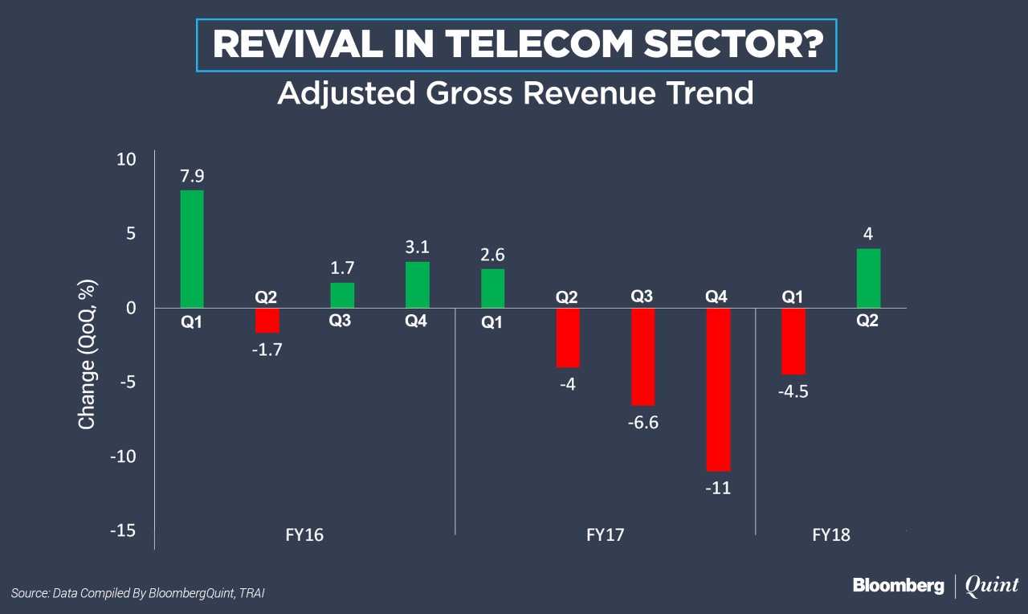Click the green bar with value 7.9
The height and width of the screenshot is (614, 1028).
[192, 249]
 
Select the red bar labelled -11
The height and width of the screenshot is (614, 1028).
[718, 390]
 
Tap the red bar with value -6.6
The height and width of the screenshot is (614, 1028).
[642, 357]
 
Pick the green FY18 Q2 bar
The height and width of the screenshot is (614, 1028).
[868, 278]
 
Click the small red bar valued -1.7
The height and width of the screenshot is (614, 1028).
[267, 320]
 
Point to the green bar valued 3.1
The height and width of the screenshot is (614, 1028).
[418, 284]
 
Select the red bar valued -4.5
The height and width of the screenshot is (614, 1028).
[793, 341]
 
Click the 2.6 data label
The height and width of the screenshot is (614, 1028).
[493, 255]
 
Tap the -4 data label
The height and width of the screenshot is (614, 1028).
[567, 383]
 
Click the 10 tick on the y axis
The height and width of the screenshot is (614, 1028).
[126, 159]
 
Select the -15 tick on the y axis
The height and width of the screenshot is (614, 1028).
[122, 531]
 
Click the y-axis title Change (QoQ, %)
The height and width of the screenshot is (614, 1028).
[87, 354]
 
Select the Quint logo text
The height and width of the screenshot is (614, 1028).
[992, 585]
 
